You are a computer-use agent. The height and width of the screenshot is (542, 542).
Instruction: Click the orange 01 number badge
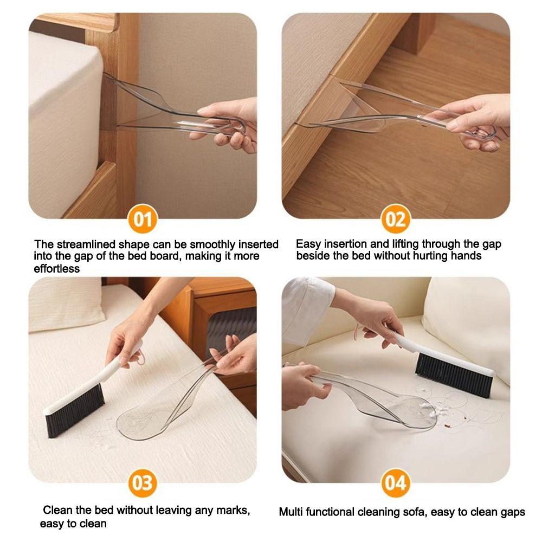[x=143, y=219]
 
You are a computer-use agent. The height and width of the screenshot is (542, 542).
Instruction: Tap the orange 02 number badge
[x=396, y=219]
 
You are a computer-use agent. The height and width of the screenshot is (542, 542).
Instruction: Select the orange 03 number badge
[x=143, y=483]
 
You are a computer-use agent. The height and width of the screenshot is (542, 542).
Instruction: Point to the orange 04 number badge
[x=396, y=483]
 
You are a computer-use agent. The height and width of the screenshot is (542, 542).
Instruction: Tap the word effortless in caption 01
[x=57, y=269]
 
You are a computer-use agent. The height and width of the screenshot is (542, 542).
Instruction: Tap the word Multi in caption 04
[x=291, y=512]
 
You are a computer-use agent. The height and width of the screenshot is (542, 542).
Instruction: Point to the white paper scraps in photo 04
[x=427, y=409]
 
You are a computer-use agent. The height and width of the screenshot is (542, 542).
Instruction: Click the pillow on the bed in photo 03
[x=66, y=304]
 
